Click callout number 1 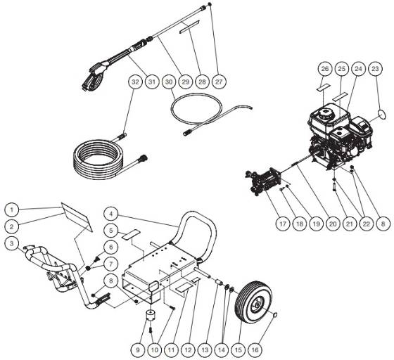[x=11, y=209]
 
